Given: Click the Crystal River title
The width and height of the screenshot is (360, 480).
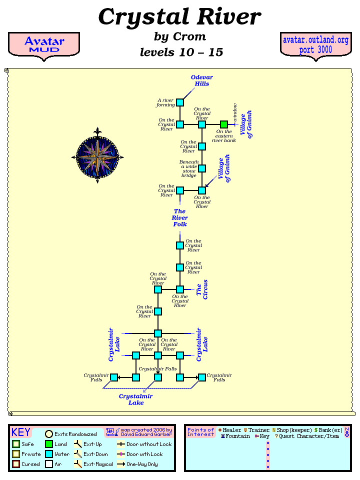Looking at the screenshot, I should point(179,17).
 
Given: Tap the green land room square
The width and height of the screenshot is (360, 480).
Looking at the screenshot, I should point(224,124).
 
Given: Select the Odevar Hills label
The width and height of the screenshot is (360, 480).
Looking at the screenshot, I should point(202,80).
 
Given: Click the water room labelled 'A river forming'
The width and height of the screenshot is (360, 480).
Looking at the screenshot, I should point(180,102).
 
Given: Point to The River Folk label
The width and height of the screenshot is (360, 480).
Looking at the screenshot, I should point(180,218).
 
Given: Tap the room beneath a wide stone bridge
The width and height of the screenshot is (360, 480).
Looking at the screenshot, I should point(202,168).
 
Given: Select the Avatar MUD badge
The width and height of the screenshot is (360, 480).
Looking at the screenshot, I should point(44,44).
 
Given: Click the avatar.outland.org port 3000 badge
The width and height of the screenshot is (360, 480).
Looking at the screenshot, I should point(315,45).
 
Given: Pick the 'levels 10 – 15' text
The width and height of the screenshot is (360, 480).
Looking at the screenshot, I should point(181,52).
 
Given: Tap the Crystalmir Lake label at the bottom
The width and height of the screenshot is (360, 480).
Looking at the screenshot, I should point(135,399).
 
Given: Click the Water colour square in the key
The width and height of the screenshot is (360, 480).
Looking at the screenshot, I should point(49,454).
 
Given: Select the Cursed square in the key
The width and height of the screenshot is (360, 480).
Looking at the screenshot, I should point(16,464).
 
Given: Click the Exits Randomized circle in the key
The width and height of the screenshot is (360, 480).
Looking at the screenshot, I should point(49,434).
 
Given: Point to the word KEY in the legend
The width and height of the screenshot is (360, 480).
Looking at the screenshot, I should point(21,432).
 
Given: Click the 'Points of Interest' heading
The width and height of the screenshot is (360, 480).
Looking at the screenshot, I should point(200,432).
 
